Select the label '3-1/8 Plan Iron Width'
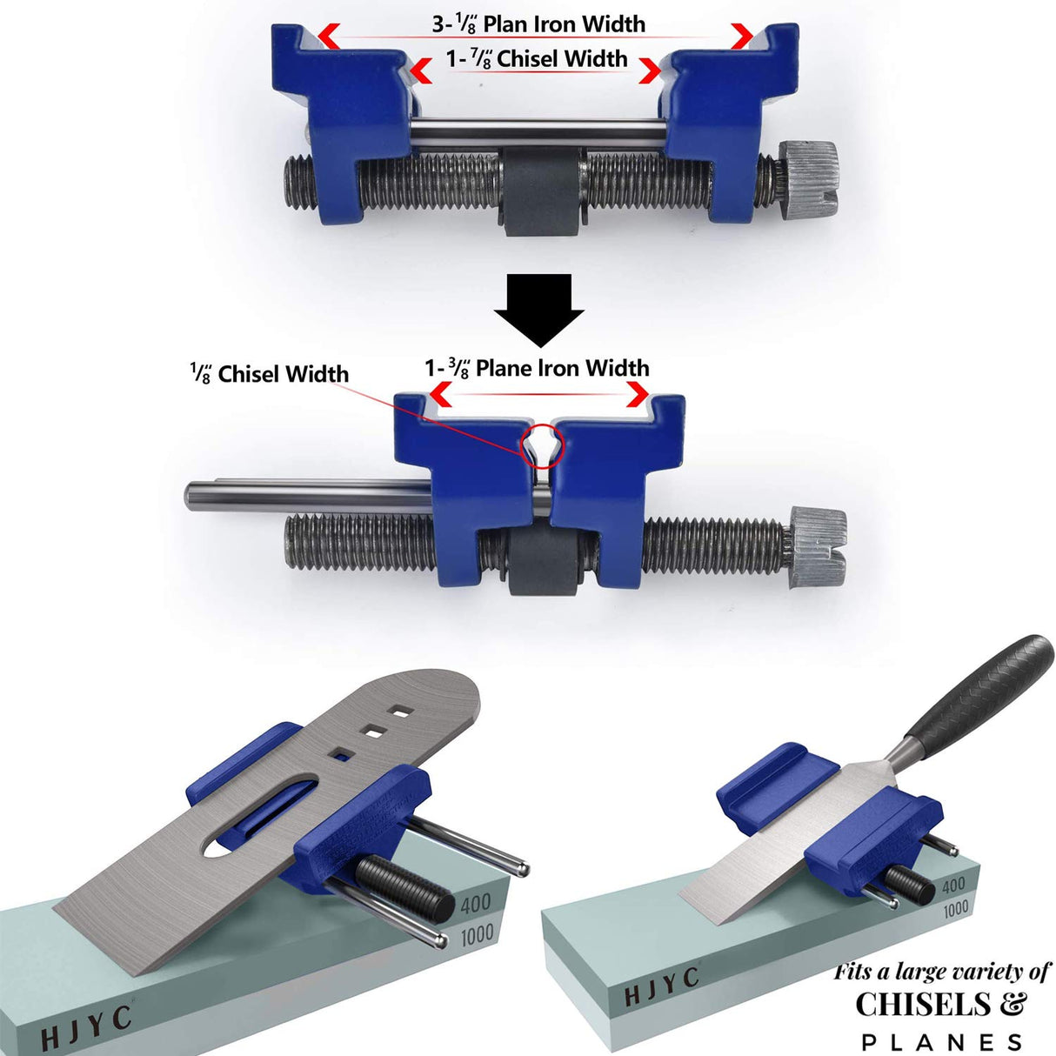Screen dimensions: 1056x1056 coord(538,23)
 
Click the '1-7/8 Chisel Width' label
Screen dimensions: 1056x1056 coord(537,59)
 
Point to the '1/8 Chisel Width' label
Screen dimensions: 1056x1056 coord(270,374)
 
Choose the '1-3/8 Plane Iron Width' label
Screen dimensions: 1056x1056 coord(537,368)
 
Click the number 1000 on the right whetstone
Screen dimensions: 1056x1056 coord(955,909)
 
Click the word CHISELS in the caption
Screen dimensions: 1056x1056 coord(923,1005)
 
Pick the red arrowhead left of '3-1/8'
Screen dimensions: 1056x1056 coord(328,36)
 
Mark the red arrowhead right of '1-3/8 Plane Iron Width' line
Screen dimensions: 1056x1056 coord(638,396)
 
